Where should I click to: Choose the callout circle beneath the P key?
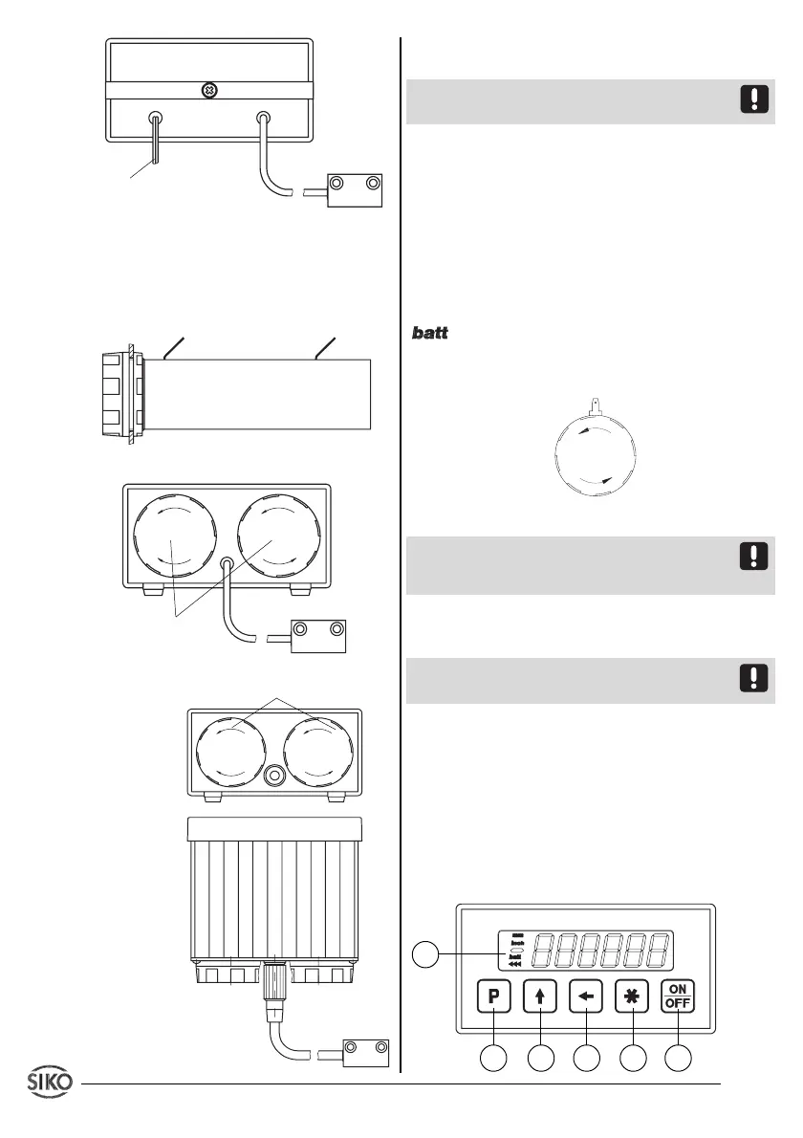pos(493,1060)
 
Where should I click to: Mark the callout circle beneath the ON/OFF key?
pos(679,1060)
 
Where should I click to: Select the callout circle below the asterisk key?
pos(632,1060)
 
